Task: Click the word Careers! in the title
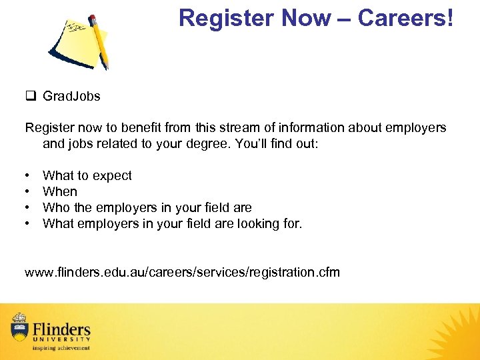coord(405,19)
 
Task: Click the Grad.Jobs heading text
coord(71,96)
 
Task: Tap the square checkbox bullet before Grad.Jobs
coord(30,96)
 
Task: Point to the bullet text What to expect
coord(87,175)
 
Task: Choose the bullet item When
coord(60,191)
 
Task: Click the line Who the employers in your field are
coord(147,207)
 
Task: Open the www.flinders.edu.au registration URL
coord(182,272)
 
